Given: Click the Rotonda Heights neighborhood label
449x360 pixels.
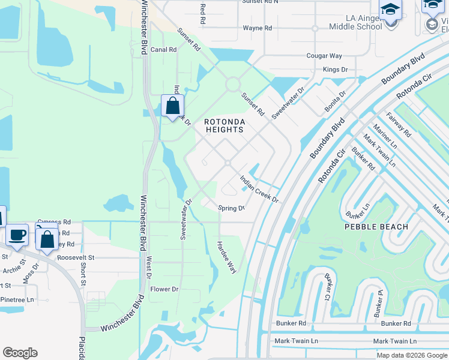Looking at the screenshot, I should (x=226, y=127).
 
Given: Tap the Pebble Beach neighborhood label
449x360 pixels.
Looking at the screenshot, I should (x=376, y=227).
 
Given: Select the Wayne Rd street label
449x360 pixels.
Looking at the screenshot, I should (x=257, y=28).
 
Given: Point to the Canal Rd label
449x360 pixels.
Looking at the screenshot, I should (x=163, y=50).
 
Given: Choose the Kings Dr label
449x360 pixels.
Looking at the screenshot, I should (x=335, y=70).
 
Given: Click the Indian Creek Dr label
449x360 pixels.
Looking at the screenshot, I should (x=259, y=188).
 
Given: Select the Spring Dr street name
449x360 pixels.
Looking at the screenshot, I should (x=231, y=208).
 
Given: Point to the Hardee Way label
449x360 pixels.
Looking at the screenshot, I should (x=227, y=257).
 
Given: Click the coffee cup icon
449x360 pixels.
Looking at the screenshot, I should (x=17, y=235).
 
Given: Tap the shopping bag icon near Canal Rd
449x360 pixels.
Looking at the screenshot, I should (x=172, y=106).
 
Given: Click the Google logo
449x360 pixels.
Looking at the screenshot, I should (x=20, y=353).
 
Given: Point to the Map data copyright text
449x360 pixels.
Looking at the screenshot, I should (x=412, y=355).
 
